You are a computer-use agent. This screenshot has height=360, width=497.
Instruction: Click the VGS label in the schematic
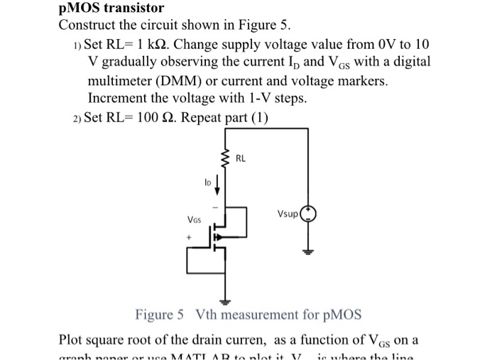click(193, 221)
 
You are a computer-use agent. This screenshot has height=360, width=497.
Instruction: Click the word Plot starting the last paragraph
click(72, 337)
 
